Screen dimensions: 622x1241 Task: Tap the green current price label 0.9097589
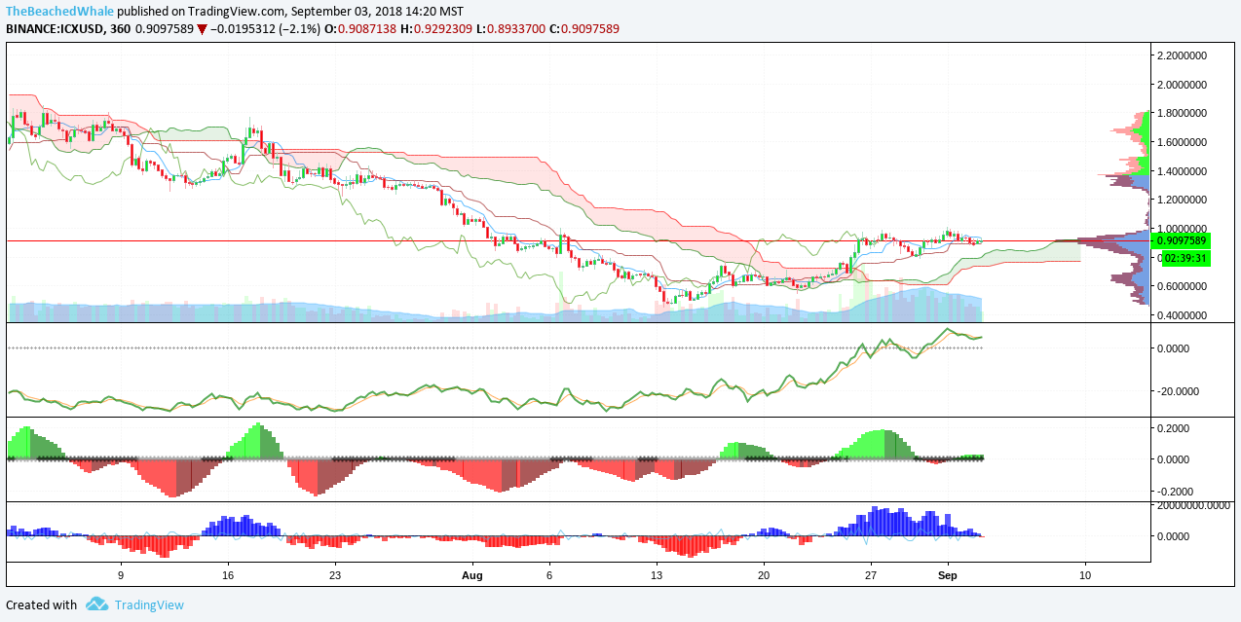click(1182, 240)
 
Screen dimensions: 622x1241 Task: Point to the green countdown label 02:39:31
click(1182, 258)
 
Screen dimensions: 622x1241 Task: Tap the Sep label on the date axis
click(948, 575)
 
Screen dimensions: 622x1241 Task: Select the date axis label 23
click(334, 575)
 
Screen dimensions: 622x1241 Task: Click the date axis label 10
click(1085, 575)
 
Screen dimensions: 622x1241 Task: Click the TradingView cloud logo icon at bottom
click(96, 604)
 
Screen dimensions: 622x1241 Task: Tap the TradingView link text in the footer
click(149, 604)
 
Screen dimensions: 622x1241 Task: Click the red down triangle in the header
click(202, 29)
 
